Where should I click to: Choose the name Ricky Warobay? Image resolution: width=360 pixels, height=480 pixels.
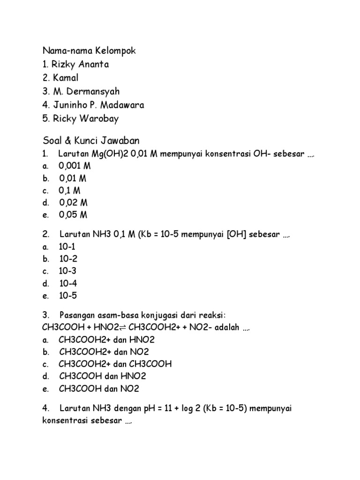click(x=86, y=119)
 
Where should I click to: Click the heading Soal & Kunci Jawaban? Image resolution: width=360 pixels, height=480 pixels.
click(x=91, y=141)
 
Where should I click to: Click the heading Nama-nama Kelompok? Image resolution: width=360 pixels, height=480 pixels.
click(x=89, y=51)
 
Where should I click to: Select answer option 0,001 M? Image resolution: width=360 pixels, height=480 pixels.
click(x=74, y=166)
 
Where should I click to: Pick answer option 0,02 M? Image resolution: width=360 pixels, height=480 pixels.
click(x=73, y=202)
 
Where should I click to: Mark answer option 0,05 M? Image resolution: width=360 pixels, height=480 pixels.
click(x=73, y=215)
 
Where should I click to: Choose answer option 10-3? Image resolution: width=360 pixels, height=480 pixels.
click(x=67, y=271)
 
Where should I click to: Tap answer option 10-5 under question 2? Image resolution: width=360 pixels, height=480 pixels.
click(x=68, y=295)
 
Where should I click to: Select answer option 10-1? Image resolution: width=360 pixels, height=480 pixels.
click(x=67, y=247)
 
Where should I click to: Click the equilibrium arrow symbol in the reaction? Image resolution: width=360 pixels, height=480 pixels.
click(x=123, y=327)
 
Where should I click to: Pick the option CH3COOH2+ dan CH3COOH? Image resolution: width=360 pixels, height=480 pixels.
click(x=115, y=364)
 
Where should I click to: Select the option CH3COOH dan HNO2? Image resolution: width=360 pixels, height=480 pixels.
click(x=102, y=376)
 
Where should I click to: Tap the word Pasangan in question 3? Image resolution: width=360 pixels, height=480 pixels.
click(x=77, y=315)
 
